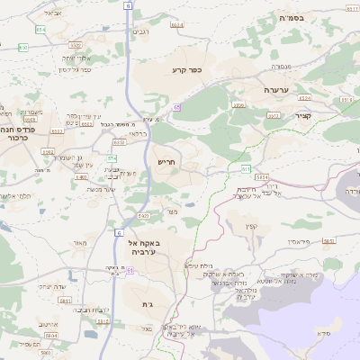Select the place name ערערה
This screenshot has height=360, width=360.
(x=275, y=91)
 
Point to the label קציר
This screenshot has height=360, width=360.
(x=302, y=115)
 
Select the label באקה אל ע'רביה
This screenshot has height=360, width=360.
(x=146, y=248)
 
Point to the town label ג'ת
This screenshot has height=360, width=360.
(x=148, y=305)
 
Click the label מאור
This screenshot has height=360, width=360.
(x=80, y=243)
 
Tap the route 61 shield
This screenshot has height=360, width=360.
(x=130, y=270)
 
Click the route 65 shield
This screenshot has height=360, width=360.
(x=177, y=106)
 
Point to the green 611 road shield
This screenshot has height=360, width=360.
(x=246, y=168)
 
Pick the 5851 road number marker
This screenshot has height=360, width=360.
(x=328, y=241)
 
